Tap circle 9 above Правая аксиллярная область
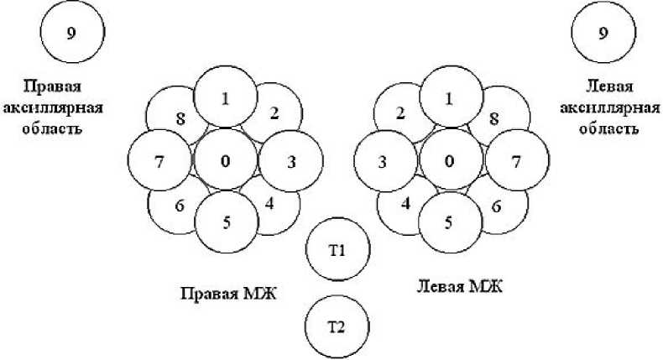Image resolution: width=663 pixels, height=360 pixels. [x=71, y=34]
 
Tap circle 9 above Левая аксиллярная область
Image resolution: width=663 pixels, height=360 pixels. [x=603, y=34]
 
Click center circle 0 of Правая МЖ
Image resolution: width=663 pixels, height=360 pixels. [x=225, y=159]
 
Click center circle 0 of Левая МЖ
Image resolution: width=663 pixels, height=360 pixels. [x=451, y=159]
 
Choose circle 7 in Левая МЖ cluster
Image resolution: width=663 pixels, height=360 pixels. [x=517, y=160]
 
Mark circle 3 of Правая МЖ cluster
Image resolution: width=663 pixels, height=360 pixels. [x=291, y=160]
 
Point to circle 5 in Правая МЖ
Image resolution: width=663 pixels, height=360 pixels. [x=227, y=223]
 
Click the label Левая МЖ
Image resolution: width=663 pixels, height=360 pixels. [x=458, y=286]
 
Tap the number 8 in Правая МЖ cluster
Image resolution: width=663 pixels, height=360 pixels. [x=180, y=117]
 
